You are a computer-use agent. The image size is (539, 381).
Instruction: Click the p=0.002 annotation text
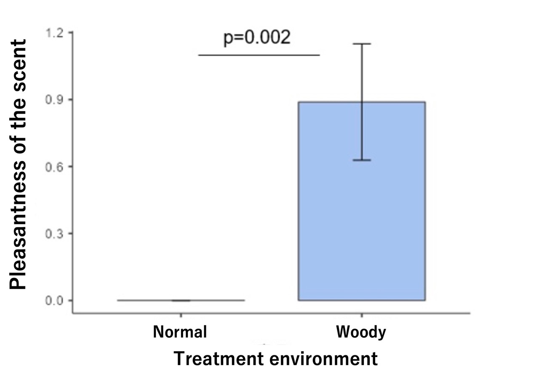tap(256, 38)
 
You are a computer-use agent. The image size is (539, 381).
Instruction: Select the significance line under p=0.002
tap(259, 55)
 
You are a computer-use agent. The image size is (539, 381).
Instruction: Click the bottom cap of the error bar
tap(362, 160)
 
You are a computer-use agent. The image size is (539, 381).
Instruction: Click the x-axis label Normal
tap(180, 332)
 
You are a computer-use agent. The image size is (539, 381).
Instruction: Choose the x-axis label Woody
tap(361, 332)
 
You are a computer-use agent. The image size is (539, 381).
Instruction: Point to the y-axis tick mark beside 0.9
tap(70, 100)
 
